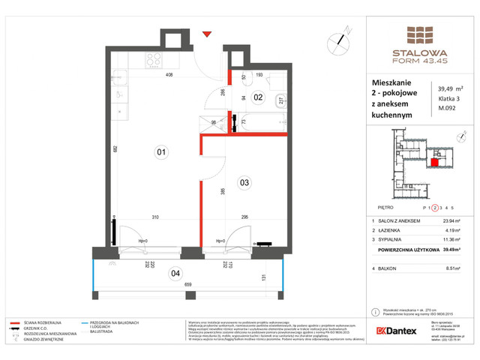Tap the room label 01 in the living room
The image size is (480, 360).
click(160, 153)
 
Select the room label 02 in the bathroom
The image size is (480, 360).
click(257, 97)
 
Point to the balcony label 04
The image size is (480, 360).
click(175, 273)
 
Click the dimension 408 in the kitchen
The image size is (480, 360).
click(169, 75)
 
